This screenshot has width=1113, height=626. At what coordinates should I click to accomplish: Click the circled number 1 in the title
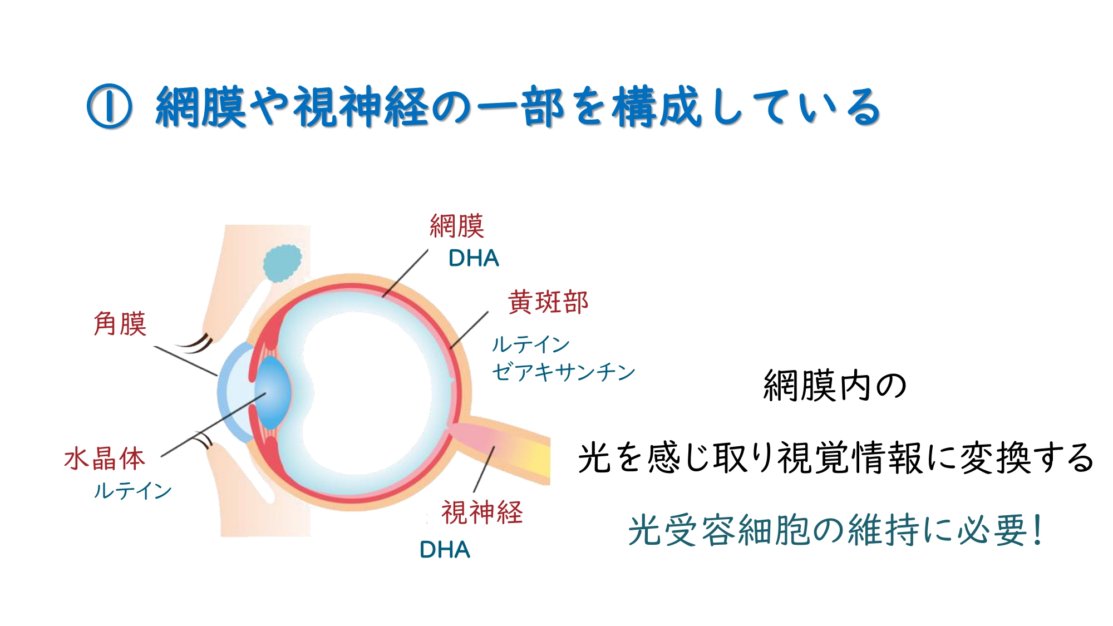coord(110,106)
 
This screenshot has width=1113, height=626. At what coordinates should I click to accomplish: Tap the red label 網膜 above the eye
coord(457,226)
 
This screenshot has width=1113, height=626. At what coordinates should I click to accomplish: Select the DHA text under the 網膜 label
coord(474,258)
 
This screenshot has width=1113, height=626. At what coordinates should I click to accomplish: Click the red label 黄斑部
coord(548,302)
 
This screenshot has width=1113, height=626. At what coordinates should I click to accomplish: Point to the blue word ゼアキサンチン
coord(563,372)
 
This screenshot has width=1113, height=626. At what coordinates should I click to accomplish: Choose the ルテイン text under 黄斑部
coord(531,344)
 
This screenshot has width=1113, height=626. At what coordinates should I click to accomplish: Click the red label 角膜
coord(120,324)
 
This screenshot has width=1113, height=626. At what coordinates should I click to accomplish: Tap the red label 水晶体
coord(105,459)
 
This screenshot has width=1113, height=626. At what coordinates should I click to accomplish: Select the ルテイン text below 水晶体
coord(132,491)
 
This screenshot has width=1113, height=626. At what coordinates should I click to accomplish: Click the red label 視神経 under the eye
coord(482,512)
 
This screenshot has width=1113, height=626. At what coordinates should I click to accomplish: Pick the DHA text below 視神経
coord(445,550)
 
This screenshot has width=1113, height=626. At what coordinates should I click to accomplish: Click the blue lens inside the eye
coord(273,392)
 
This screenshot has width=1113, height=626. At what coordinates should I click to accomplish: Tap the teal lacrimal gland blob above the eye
coord(282,263)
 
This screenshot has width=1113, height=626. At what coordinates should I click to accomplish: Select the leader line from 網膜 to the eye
coord(405,273)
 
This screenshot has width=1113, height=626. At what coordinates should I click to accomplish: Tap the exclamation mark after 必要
coord(1037,530)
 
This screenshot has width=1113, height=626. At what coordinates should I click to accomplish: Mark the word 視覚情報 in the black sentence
coord(849,457)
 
